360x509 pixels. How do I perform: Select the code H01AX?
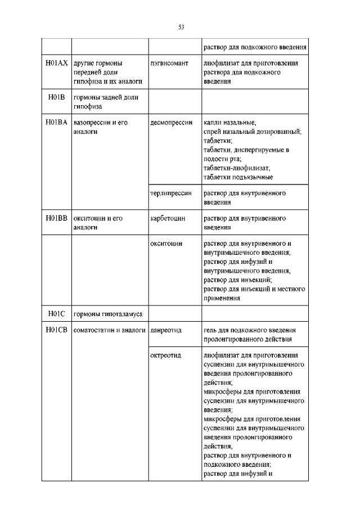pyautogui.click(x=56, y=64)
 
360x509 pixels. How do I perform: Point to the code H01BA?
pyautogui.click(x=56, y=122)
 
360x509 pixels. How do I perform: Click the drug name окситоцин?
pyautogui.click(x=166, y=244)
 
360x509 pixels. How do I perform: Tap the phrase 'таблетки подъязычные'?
pyautogui.click(x=238, y=177)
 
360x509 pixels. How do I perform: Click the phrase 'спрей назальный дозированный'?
pyautogui.click(x=253, y=132)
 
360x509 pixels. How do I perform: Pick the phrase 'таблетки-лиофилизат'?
pyautogui.click(x=237, y=168)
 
